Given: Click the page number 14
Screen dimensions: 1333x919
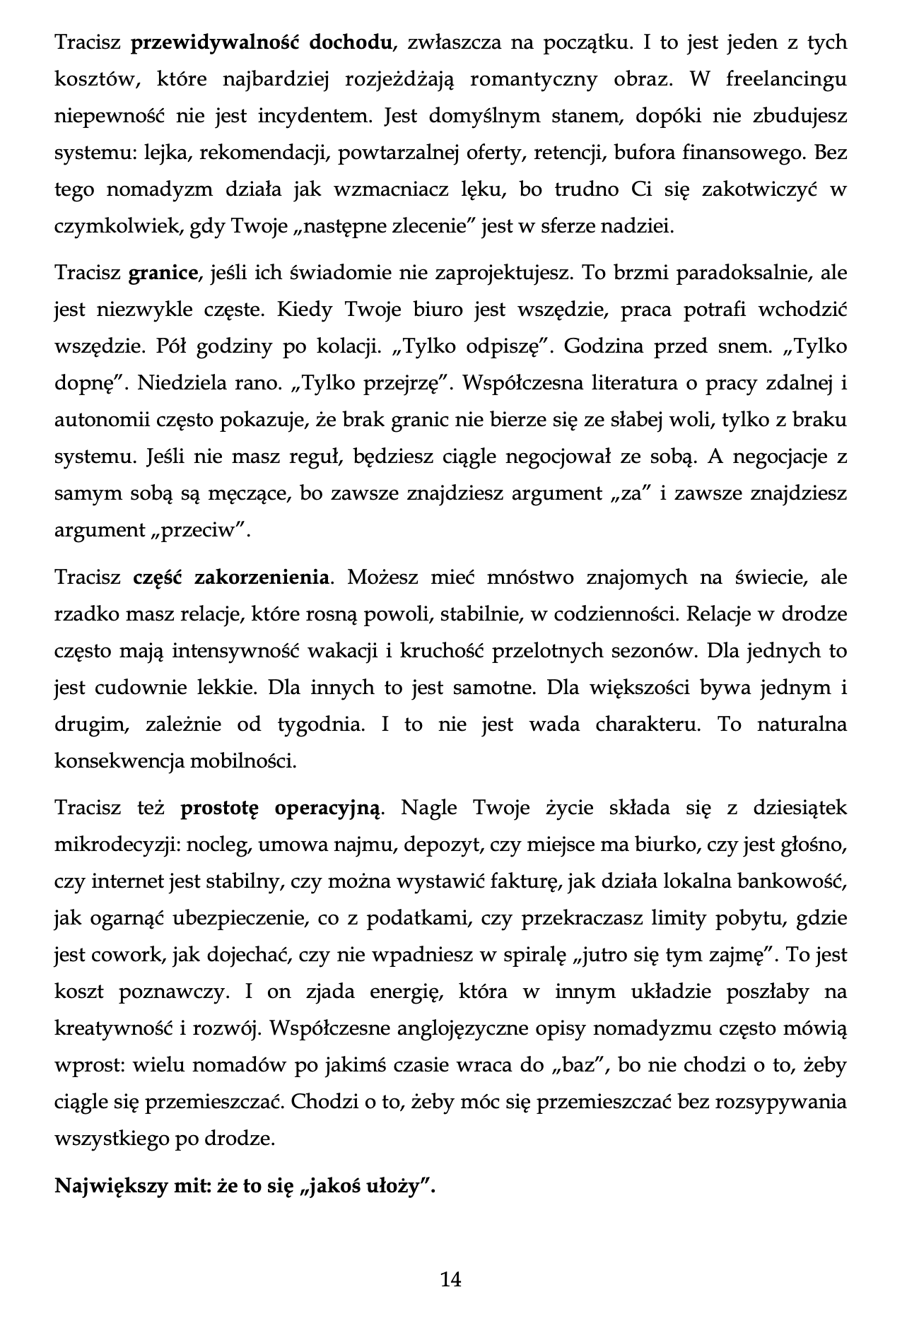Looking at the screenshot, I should pos(451,1278).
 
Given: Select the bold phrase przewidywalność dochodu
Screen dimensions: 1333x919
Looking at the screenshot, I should pos(262,42).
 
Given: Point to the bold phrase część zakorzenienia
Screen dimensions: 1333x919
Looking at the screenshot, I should pos(231,577).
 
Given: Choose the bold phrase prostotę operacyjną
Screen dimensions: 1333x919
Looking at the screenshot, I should pos(281,808).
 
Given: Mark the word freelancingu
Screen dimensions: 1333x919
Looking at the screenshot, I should pos(785,79).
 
